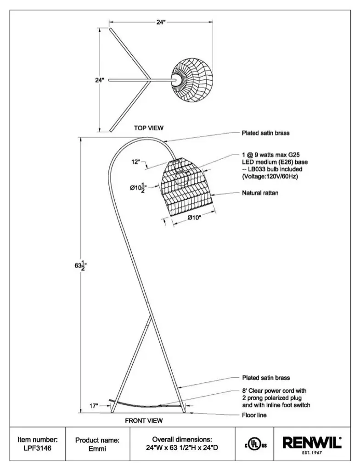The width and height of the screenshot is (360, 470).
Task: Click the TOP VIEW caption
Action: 148,128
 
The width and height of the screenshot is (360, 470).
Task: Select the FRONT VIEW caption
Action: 144,420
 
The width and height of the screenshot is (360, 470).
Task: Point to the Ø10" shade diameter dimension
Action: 195,218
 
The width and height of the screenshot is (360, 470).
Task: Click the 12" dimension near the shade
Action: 135,162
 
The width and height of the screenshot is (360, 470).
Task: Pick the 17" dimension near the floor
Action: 94,406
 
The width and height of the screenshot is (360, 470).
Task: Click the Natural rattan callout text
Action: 260,193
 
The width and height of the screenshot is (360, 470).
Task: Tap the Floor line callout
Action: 254,415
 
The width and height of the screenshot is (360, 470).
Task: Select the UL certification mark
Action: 253,444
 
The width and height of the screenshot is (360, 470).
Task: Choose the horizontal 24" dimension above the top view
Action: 161,22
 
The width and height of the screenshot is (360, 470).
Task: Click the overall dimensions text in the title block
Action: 182,443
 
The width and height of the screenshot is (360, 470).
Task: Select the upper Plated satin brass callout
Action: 265,133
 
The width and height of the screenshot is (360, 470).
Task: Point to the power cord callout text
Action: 276,397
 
